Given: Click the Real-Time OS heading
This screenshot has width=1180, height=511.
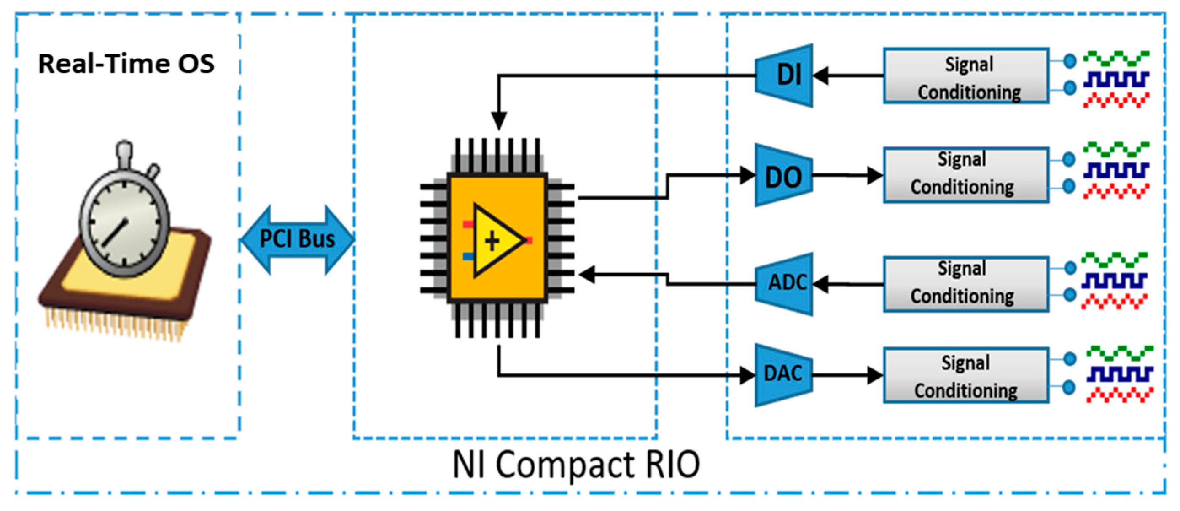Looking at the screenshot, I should click(x=126, y=63).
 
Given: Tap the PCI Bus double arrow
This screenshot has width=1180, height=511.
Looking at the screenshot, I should click(x=297, y=239).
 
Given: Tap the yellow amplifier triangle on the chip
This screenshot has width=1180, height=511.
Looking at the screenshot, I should click(x=495, y=240).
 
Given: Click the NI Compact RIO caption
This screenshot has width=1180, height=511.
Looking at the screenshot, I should click(x=576, y=464).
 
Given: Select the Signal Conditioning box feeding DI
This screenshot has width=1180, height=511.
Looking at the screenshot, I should click(x=967, y=76).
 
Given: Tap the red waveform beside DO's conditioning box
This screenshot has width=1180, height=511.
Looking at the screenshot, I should click(x=1116, y=191).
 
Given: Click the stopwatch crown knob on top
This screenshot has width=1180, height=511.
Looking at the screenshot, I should click(x=124, y=150).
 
